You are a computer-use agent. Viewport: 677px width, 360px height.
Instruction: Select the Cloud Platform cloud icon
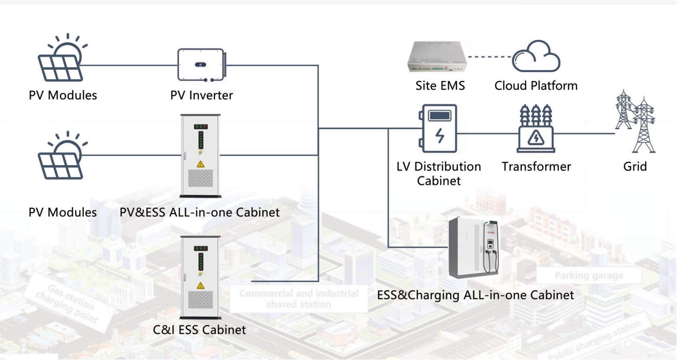(x=536, y=56)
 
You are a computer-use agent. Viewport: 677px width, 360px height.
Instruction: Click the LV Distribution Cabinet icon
(x=439, y=129)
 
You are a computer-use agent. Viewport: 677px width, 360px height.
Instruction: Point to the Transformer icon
(x=536, y=129)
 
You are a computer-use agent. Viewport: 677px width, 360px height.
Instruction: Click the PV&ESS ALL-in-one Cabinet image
(x=201, y=156)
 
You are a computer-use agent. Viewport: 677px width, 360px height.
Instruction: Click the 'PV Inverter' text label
(x=202, y=95)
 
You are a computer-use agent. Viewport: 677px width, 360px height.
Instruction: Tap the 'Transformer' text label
(x=536, y=167)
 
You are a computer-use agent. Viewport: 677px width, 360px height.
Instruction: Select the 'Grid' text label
(x=635, y=167)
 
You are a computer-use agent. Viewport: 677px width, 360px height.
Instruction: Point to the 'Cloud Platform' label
(x=536, y=86)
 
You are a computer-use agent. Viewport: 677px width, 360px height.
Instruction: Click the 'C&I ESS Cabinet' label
(x=199, y=330)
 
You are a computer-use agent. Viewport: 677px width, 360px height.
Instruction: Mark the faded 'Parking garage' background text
(x=589, y=275)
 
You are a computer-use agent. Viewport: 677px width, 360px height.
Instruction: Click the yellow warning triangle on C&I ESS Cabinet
(x=201, y=285)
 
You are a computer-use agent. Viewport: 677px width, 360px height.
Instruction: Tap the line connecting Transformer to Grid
(x=584, y=133)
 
